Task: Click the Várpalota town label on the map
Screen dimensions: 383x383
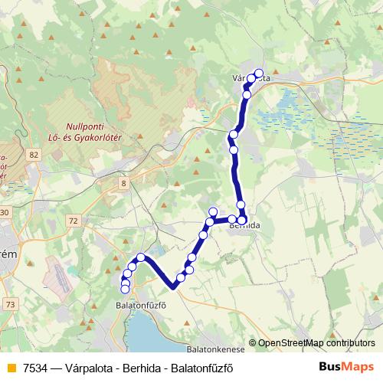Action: [x=250, y=78]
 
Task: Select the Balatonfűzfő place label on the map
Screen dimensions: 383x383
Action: [x=141, y=305]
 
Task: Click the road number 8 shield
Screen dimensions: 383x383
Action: [x=123, y=182]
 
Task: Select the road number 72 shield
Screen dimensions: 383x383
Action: [x=73, y=221]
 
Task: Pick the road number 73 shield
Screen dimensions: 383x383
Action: [x=9, y=304]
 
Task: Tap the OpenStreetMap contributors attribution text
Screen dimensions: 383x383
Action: [x=316, y=343]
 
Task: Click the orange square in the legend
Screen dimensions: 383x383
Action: [x=11, y=368]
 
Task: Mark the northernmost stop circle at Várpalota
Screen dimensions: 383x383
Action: [x=258, y=74]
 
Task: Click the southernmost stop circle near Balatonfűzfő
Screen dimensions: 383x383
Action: [x=125, y=289]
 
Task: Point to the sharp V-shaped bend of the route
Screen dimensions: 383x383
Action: [x=174, y=286]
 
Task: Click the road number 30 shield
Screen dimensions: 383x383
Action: [x=4, y=212]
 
